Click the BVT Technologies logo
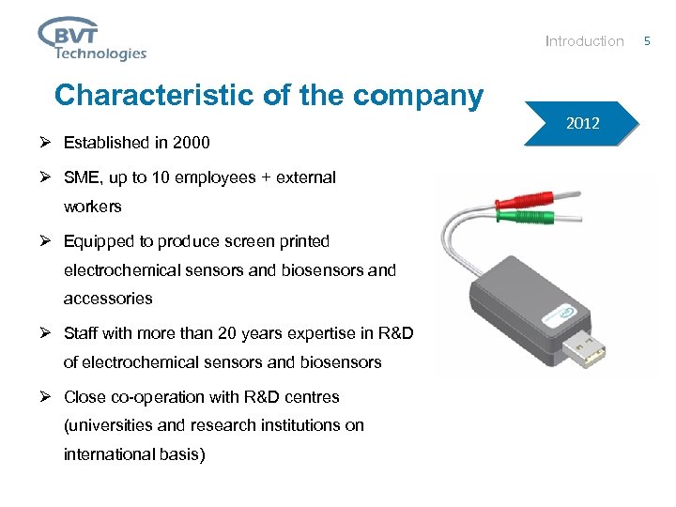pyautogui.click(x=92, y=38)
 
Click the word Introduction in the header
pyautogui.click(x=584, y=41)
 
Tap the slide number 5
pyautogui.click(x=646, y=40)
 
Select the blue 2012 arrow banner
pyautogui.click(x=582, y=123)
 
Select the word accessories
pyautogui.click(x=107, y=298)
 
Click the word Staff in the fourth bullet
pyautogui.click(x=81, y=333)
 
